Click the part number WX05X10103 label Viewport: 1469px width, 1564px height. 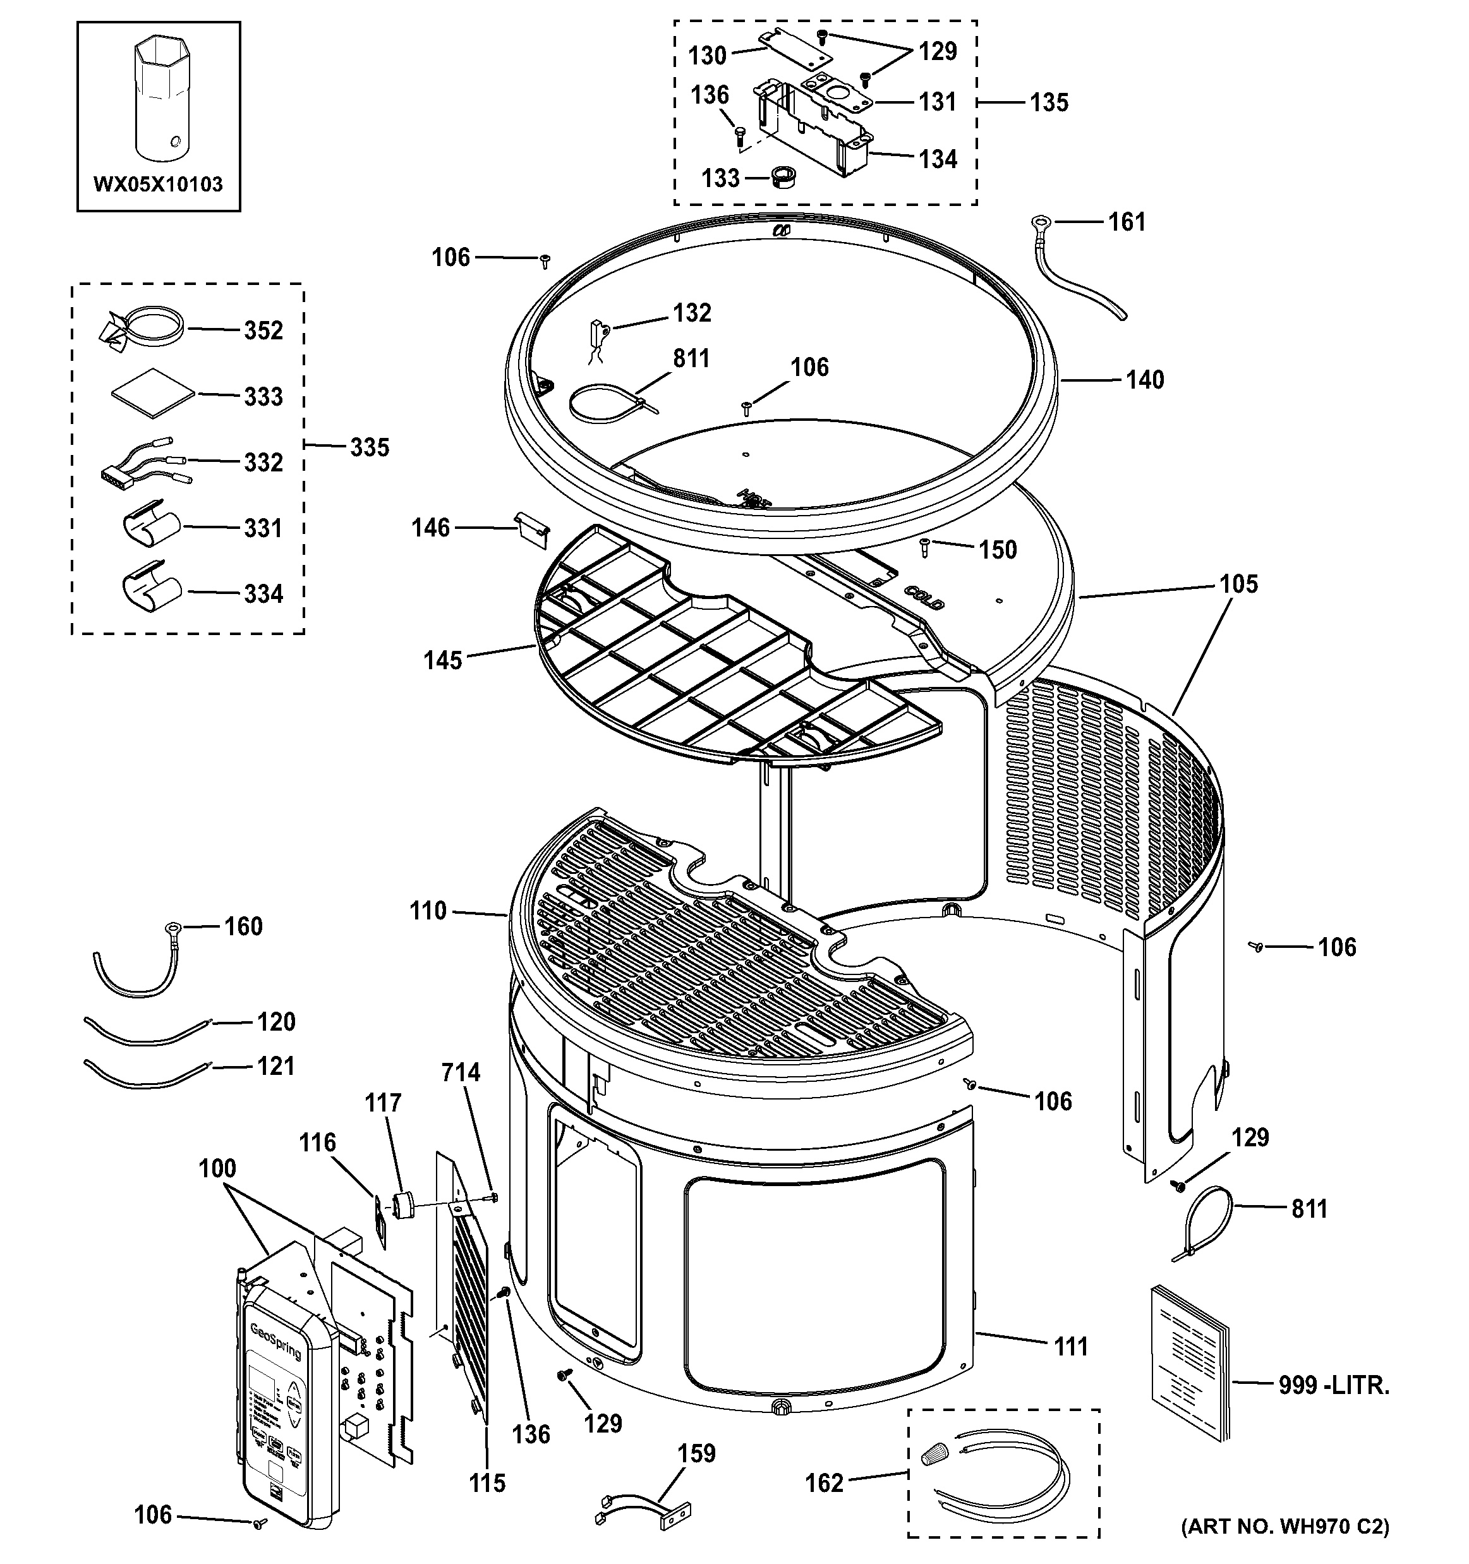158,185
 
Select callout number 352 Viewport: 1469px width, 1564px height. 263,330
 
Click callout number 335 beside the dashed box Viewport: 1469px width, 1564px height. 369,447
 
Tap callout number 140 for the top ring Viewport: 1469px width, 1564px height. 1144,380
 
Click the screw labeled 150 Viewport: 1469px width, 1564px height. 926,547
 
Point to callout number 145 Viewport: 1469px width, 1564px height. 443,660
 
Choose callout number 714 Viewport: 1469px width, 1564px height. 460,1072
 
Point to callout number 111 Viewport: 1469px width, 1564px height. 1070,1346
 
